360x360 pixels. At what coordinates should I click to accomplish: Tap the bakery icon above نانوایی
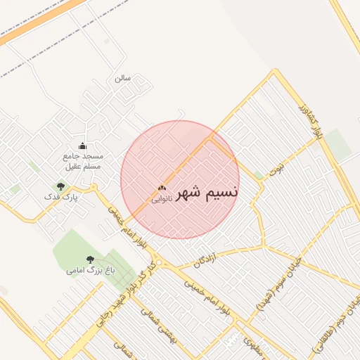pyautogui.click(x=162, y=188)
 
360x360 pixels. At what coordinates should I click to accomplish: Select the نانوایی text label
pyautogui.click(x=161, y=199)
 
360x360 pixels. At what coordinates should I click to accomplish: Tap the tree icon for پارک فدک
pyautogui.click(x=61, y=186)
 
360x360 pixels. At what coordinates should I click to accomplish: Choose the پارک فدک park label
pyautogui.click(x=61, y=198)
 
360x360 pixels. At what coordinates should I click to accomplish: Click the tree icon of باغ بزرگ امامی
pyautogui.click(x=89, y=259)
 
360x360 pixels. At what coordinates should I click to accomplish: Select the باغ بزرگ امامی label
pyautogui.click(x=86, y=270)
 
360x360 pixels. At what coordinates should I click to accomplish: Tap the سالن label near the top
pyautogui.click(x=123, y=78)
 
